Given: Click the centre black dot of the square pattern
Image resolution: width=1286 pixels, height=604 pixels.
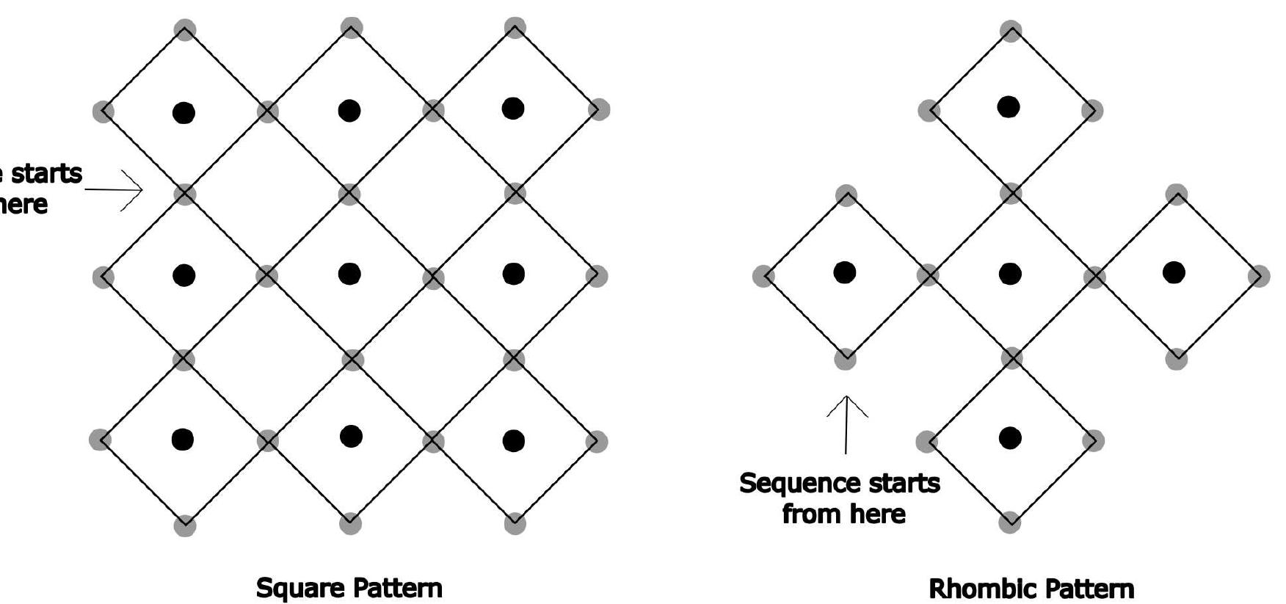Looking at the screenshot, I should pyautogui.click(x=350, y=274).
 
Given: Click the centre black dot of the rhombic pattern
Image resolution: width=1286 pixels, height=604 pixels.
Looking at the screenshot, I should pyautogui.click(x=1010, y=274).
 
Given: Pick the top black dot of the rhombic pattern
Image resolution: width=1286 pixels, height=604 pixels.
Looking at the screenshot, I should pyautogui.click(x=1009, y=107).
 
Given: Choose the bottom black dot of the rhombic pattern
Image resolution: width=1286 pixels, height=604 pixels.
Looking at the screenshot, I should pyautogui.click(x=1010, y=438).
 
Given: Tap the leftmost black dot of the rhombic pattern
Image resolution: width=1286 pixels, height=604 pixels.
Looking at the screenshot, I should pyautogui.click(x=845, y=272).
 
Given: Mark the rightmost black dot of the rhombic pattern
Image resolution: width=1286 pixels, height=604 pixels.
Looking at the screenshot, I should pyautogui.click(x=1174, y=272).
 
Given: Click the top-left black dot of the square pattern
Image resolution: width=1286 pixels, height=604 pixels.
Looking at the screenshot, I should pyautogui.click(x=184, y=112).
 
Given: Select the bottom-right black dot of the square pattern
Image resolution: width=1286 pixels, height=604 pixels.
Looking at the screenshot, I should pyautogui.click(x=514, y=440).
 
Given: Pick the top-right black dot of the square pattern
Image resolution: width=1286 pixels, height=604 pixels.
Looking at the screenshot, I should pyautogui.click(x=513, y=109).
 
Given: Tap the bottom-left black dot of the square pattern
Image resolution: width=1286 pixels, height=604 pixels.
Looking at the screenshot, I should pyautogui.click(x=183, y=439).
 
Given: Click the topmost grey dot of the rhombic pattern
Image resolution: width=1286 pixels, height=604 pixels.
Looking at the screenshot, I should pyautogui.click(x=1011, y=31).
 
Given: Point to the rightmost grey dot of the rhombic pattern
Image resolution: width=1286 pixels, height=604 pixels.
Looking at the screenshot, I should pyautogui.click(x=1260, y=276).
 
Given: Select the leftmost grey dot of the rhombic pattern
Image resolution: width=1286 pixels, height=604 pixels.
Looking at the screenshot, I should pyautogui.click(x=763, y=276).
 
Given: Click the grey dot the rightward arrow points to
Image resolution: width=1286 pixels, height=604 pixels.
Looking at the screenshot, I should pyautogui.click(x=185, y=194).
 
